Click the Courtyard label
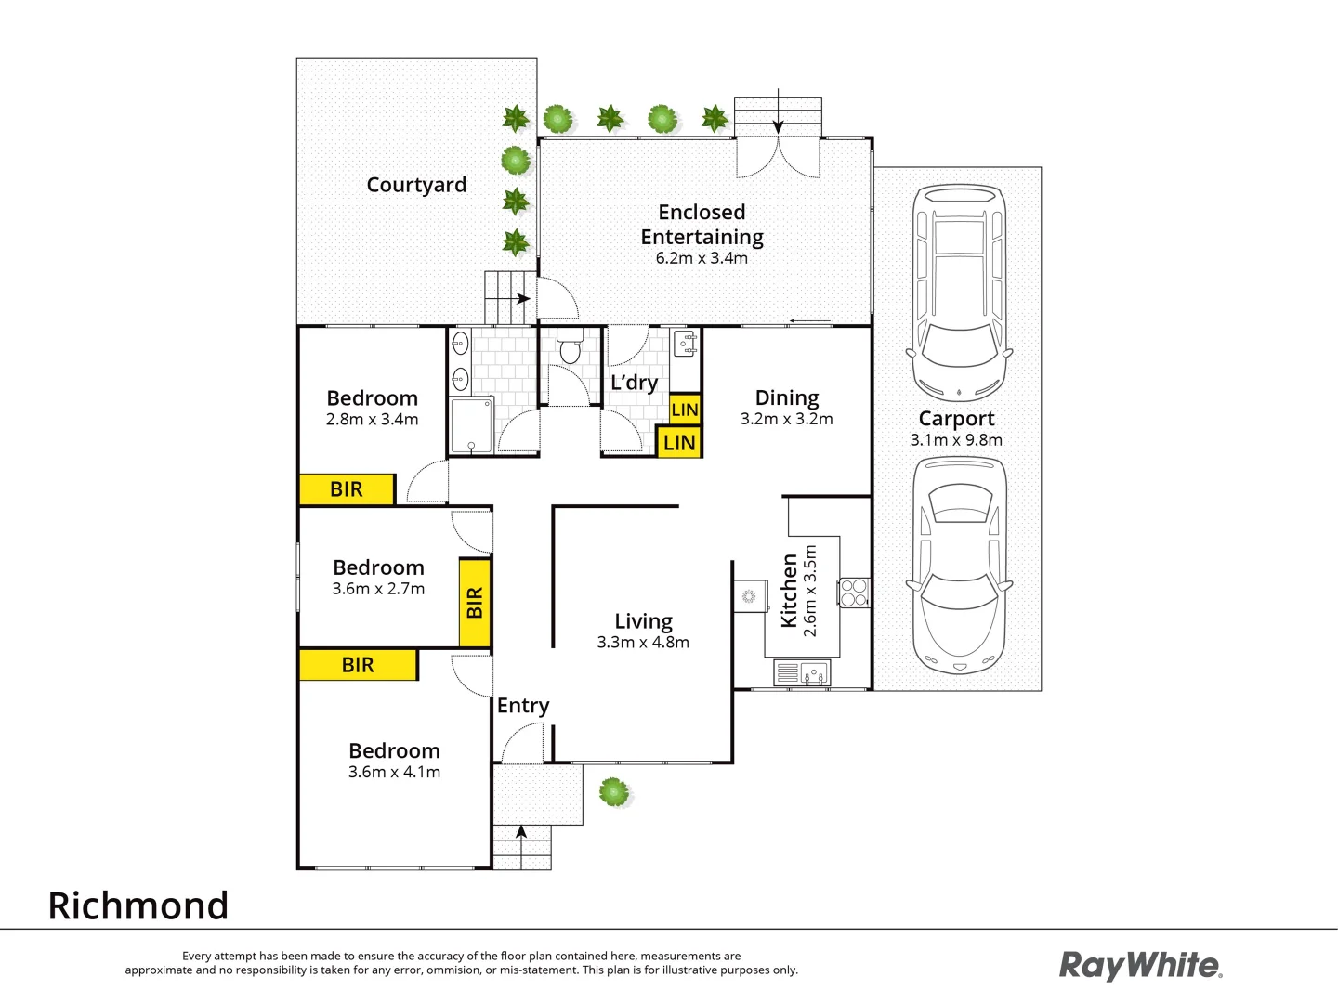tap(416, 185)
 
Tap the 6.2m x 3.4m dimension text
tap(702, 258)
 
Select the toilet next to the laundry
tap(570, 348)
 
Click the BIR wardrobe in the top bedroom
tap(347, 489)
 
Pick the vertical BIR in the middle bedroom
tap(475, 603)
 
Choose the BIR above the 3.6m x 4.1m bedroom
tap(358, 665)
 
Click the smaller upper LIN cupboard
tap(685, 410)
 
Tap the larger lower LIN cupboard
tap(679, 443)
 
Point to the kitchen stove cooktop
tap(854, 593)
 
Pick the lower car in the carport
tap(959, 566)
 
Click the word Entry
tap(523, 706)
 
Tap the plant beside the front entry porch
tap(614, 792)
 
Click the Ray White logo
tap(1140, 966)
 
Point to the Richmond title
tap(138, 905)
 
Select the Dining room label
tap(787, 398)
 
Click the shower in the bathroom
tap(471, 425)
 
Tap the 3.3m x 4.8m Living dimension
tap(643, 643)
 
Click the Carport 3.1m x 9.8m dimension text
tap(956, 440)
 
